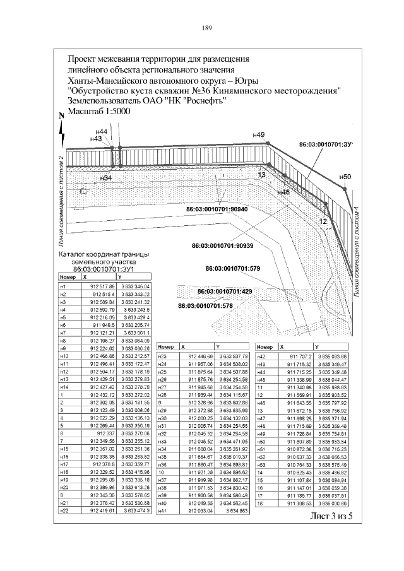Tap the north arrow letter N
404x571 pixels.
(x=61, y=117)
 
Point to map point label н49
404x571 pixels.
(x=258, y=134)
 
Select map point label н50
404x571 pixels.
(x=344, y=177)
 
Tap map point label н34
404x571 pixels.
(x=106, y=178)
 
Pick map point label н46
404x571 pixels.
(x=283, y=192)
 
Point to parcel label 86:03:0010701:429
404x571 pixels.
(x=224, y=292)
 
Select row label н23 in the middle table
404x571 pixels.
(x=163, y=356)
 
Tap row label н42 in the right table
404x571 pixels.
(x=262, y=356)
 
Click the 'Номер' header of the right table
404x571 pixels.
(x=264, y=348)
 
